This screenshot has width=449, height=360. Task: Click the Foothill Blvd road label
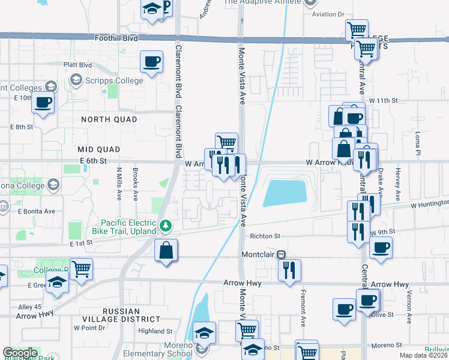click(x=116, y=38)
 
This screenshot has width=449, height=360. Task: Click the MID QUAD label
click(x=98, y=149)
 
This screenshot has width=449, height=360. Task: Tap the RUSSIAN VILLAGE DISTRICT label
click(x=131, y=316)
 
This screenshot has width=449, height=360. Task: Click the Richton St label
click(x=265, y=236)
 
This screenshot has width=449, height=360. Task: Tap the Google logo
click(x=20, y=353)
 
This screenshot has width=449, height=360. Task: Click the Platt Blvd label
click(x=77, y=65)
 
